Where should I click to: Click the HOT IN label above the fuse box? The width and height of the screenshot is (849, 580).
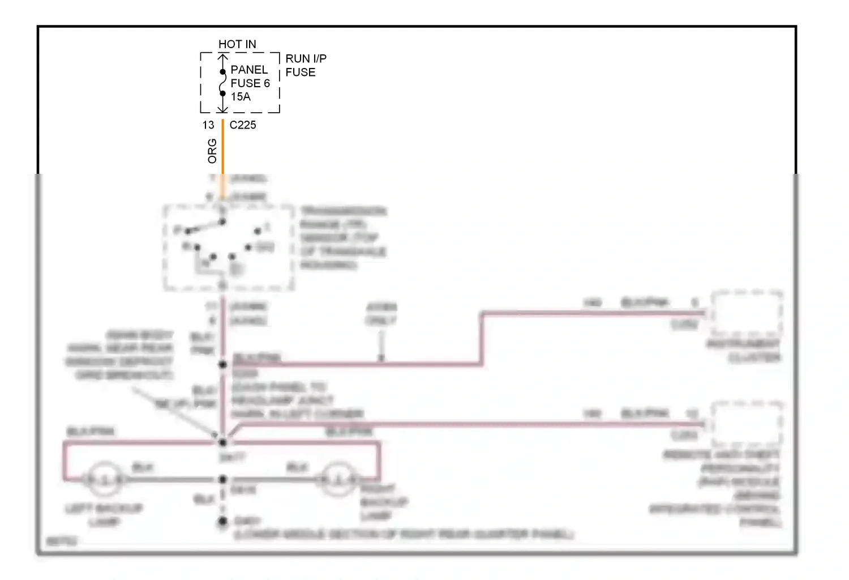click(x=237, y=44)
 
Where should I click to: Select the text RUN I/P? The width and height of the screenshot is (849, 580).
click(x=306, y=58)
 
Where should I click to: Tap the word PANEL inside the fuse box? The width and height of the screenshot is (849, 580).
click(x=249, y=70)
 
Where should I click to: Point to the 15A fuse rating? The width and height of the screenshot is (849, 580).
click(x=241, y=97)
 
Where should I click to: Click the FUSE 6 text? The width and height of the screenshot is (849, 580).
click(x=250, y=83)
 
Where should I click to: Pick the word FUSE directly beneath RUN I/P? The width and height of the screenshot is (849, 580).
click(x=301, y=72)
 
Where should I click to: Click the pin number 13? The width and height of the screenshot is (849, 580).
click(x=208, y=125)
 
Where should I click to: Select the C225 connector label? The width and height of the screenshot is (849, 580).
click(x=243, y=125)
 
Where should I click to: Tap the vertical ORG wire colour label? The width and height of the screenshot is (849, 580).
click(x=212, y=151)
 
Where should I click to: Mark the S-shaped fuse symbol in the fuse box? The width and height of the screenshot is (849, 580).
click(x=223, y=83)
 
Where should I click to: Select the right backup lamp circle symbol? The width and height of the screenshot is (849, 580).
click(x=338, y=480)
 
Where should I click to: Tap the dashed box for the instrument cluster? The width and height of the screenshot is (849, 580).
click(x=747, y=313)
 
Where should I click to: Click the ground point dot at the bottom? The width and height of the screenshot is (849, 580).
click(x=223, y=521)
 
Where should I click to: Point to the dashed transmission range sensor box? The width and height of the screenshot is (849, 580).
click(x=229, y=248)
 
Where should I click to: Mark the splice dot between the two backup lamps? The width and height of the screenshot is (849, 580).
click(x=223, y=480)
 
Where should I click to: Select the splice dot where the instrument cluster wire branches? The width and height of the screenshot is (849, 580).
click(x=223, y=364)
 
